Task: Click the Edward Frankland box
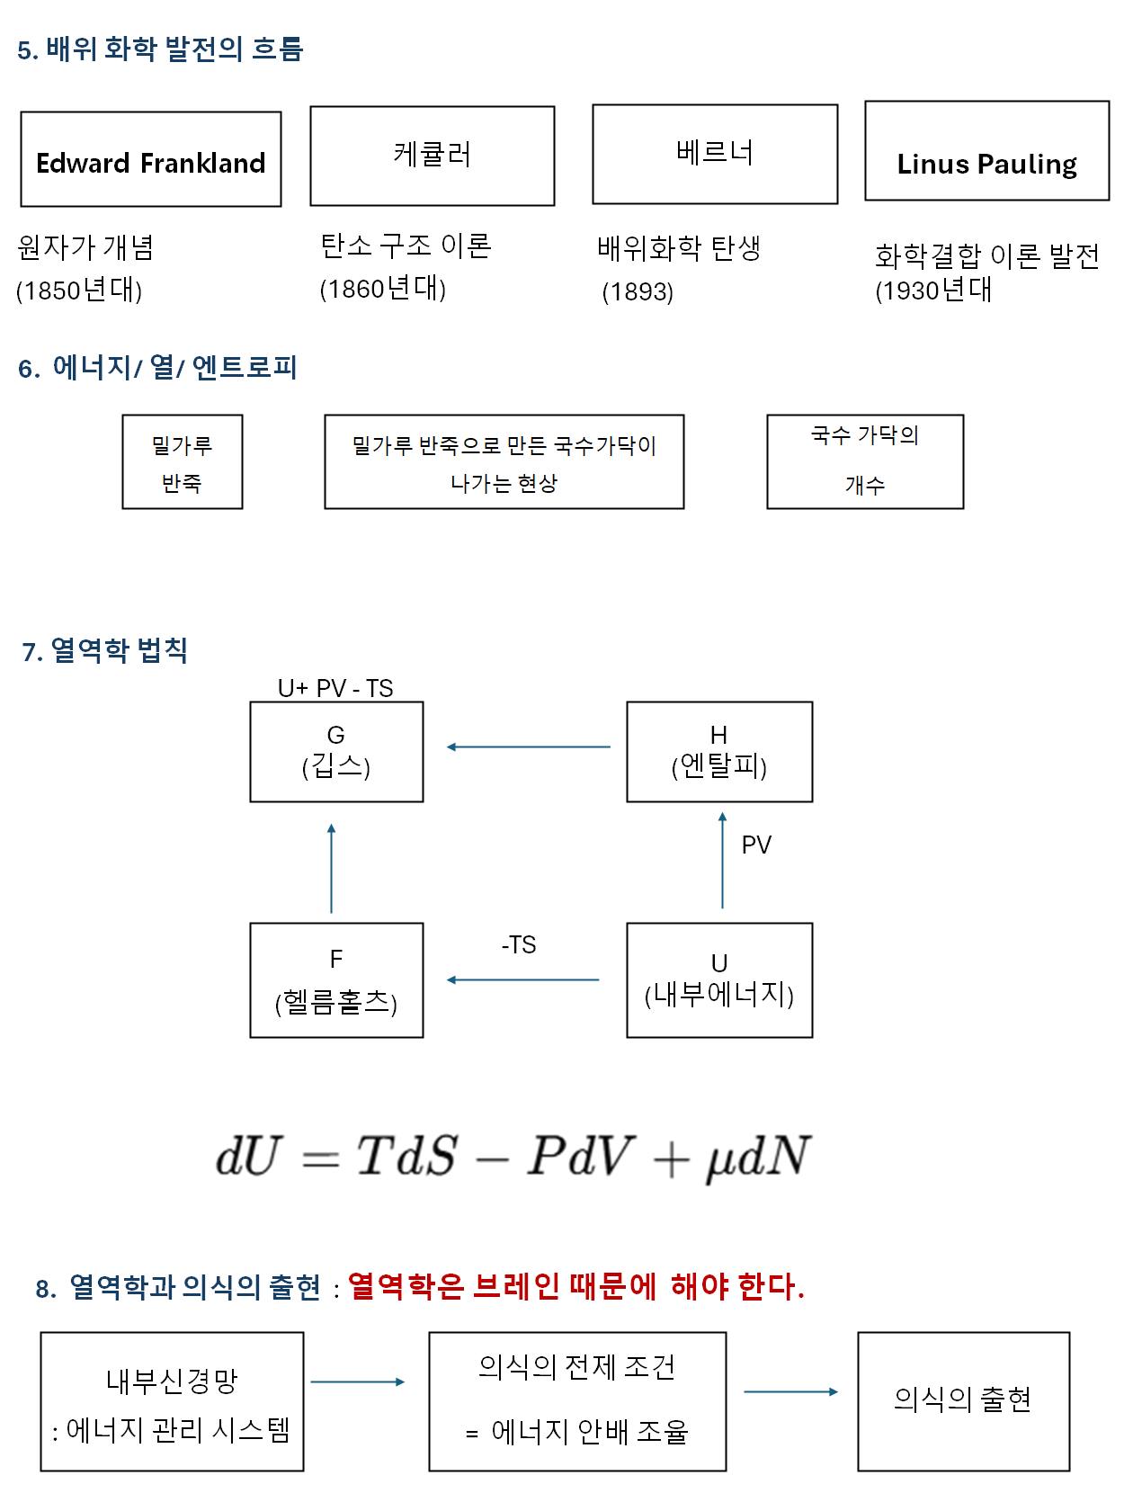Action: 151,160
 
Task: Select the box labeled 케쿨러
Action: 433,156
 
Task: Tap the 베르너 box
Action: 715,154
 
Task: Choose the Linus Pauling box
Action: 986,151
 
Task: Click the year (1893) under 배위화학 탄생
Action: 638,292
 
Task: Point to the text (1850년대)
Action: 79,291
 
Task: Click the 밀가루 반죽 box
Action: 183,462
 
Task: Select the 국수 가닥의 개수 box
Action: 865,462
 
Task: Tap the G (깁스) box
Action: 336,752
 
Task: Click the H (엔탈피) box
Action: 719,752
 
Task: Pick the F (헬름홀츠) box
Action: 336,980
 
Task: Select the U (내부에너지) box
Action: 719,980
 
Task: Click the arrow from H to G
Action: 528,747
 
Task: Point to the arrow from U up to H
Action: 722,861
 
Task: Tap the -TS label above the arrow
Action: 519,945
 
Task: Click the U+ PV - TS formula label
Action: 335,689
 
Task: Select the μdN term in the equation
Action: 758,1158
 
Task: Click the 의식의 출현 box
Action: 963,1401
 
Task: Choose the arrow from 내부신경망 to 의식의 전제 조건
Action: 358,1381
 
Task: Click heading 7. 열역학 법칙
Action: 105,650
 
